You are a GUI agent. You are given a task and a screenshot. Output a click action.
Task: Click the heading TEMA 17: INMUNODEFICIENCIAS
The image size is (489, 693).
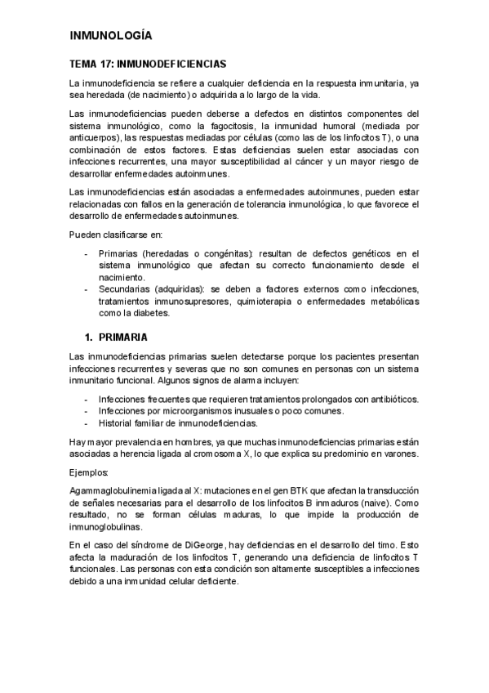(148, 63)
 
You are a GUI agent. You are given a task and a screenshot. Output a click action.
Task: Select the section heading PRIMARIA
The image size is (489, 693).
(123, 337)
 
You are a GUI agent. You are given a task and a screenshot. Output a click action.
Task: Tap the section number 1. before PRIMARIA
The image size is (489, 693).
(90, 337)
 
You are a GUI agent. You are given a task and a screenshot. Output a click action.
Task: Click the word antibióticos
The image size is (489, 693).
(386, 399)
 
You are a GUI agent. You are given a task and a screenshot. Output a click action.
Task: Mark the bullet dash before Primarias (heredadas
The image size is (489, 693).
(87, 254)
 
